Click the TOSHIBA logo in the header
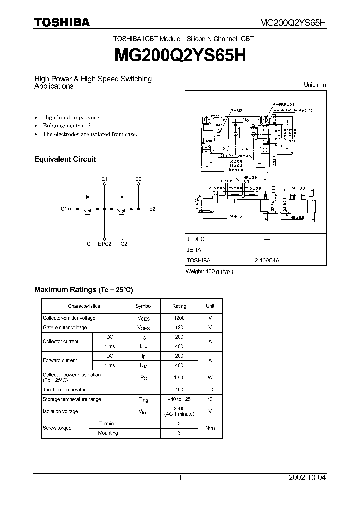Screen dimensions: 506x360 point(62,22)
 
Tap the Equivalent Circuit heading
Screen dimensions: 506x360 point(65,159)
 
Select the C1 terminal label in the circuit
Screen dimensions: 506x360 point(64,209)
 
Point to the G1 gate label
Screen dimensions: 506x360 point(90,244)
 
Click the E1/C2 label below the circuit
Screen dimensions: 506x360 point(104,244)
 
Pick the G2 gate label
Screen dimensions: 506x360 point(124,244)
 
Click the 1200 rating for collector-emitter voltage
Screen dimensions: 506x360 point(179,318)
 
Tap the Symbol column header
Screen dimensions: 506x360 point(143,306)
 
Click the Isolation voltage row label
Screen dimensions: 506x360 point(60,411)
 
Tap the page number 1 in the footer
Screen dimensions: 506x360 point(180,478)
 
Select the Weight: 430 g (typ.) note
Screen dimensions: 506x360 point(209,271)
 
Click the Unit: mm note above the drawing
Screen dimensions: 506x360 point(315,85)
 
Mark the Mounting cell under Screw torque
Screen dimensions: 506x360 point(108,433)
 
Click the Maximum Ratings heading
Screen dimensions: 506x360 point(83,290)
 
